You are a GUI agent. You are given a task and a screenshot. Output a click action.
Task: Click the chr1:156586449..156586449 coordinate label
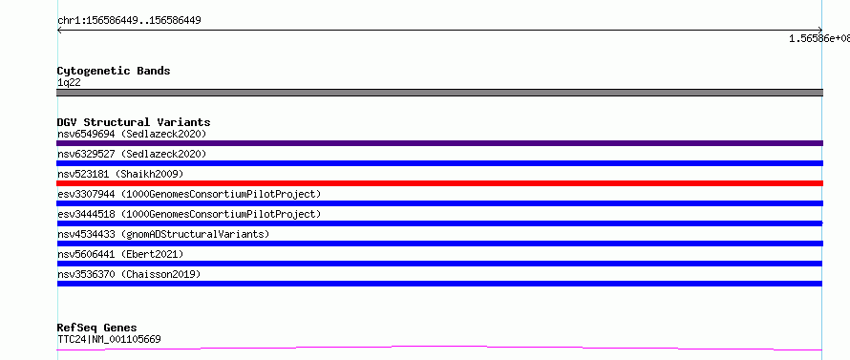[129, 21]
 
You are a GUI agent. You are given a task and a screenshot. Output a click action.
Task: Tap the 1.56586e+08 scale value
[819, 38]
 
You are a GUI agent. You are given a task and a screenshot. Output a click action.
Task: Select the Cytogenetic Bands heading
[114, 71]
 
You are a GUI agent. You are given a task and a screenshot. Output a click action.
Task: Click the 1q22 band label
[70, 83]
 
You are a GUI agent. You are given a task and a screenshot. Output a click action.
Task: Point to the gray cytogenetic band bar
[439, 93]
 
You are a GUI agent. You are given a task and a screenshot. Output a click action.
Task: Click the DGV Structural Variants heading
[134, 122]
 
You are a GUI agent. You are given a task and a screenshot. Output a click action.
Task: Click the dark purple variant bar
[439, 143]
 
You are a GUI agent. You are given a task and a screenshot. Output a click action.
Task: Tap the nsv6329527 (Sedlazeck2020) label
[132, 154]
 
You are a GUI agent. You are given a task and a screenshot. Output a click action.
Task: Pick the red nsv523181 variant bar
[439, 183]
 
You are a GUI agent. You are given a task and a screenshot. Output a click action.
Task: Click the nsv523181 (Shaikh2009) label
[120, 174]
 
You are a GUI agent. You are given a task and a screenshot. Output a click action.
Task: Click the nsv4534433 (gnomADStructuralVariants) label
[163, 234]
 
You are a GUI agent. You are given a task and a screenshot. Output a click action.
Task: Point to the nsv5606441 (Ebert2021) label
[120, 254]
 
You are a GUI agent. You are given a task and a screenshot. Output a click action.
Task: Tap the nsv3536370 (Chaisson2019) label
[129, 274]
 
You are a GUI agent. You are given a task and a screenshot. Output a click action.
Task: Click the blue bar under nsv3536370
[439, 284]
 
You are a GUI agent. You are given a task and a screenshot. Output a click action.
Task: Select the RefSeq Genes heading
[97, 328]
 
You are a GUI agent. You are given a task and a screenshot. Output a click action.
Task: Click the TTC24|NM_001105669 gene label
[109, 340]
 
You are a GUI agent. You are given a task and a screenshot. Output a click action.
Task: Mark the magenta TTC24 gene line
[439, 348]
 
